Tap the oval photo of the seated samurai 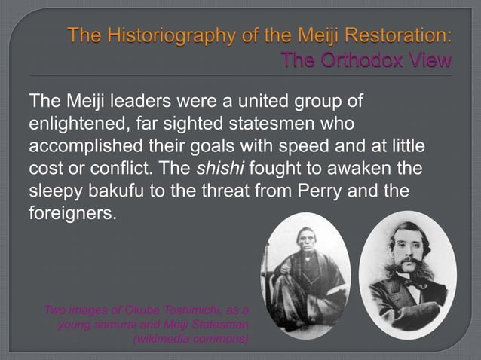point(305,275)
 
